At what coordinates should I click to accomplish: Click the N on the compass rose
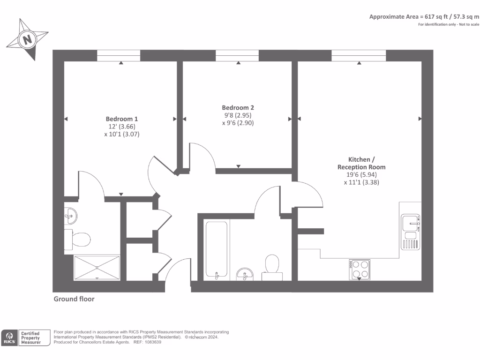[x=28, y=39]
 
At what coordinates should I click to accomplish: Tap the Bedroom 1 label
[x=122, y=119]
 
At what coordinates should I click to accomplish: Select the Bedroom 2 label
[x=238, y=107]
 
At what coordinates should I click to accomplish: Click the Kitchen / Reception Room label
[x=361, y=163]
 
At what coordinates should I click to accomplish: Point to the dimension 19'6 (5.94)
[x=361, y=174]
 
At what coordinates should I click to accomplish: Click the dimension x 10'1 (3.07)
[x=122, y=134]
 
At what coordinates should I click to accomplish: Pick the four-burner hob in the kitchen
[x=360, y=270]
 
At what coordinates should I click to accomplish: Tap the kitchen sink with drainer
[x=411, y=232]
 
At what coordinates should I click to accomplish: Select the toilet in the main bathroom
[x=272, y=268]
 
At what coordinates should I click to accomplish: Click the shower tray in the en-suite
[x=97, y=268]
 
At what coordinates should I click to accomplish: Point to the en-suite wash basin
[x=70, y=216]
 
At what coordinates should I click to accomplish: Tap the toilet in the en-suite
[x=77, y=240]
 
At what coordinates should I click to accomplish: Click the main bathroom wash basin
[x=245, y=274]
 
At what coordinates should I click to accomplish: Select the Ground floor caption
[x=74, y=299]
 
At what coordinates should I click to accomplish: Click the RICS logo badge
[x=9, y=338]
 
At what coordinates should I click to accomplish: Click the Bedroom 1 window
[x=119, y=55]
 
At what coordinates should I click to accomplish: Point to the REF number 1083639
[x=153, y=342]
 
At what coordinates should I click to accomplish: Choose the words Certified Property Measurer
[x=30, y=338]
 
